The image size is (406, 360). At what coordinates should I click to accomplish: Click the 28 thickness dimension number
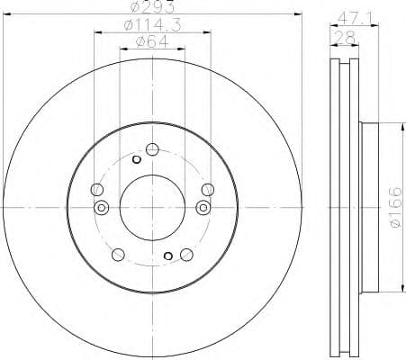(x=345, y=36)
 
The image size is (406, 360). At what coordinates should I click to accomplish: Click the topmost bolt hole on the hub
(x=152, y=148)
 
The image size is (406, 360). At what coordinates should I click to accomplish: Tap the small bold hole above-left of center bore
(x=136, y=160)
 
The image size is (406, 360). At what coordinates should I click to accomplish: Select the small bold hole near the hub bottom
(x=168, y=256)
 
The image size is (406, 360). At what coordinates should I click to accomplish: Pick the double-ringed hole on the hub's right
(x=203, y=208)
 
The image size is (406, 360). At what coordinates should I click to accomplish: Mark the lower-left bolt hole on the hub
(x=117, y=255)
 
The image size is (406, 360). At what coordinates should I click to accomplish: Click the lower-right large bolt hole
(x=186, y=255)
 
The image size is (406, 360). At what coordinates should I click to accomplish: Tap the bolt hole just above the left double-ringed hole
(x=97, y=190)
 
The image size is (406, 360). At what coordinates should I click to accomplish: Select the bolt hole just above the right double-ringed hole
(x=207, y=189)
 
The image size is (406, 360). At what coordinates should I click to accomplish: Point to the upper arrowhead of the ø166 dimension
(x=398, y=129)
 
